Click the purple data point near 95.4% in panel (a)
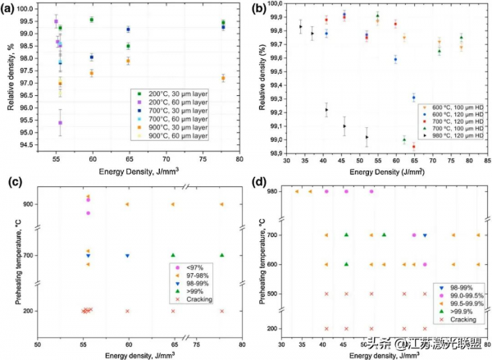[x=60, y=123]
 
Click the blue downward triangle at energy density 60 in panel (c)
[x=127, y=255]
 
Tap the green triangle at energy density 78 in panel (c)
[x=221, y=255]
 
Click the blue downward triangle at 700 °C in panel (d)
[x=424, y=235]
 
